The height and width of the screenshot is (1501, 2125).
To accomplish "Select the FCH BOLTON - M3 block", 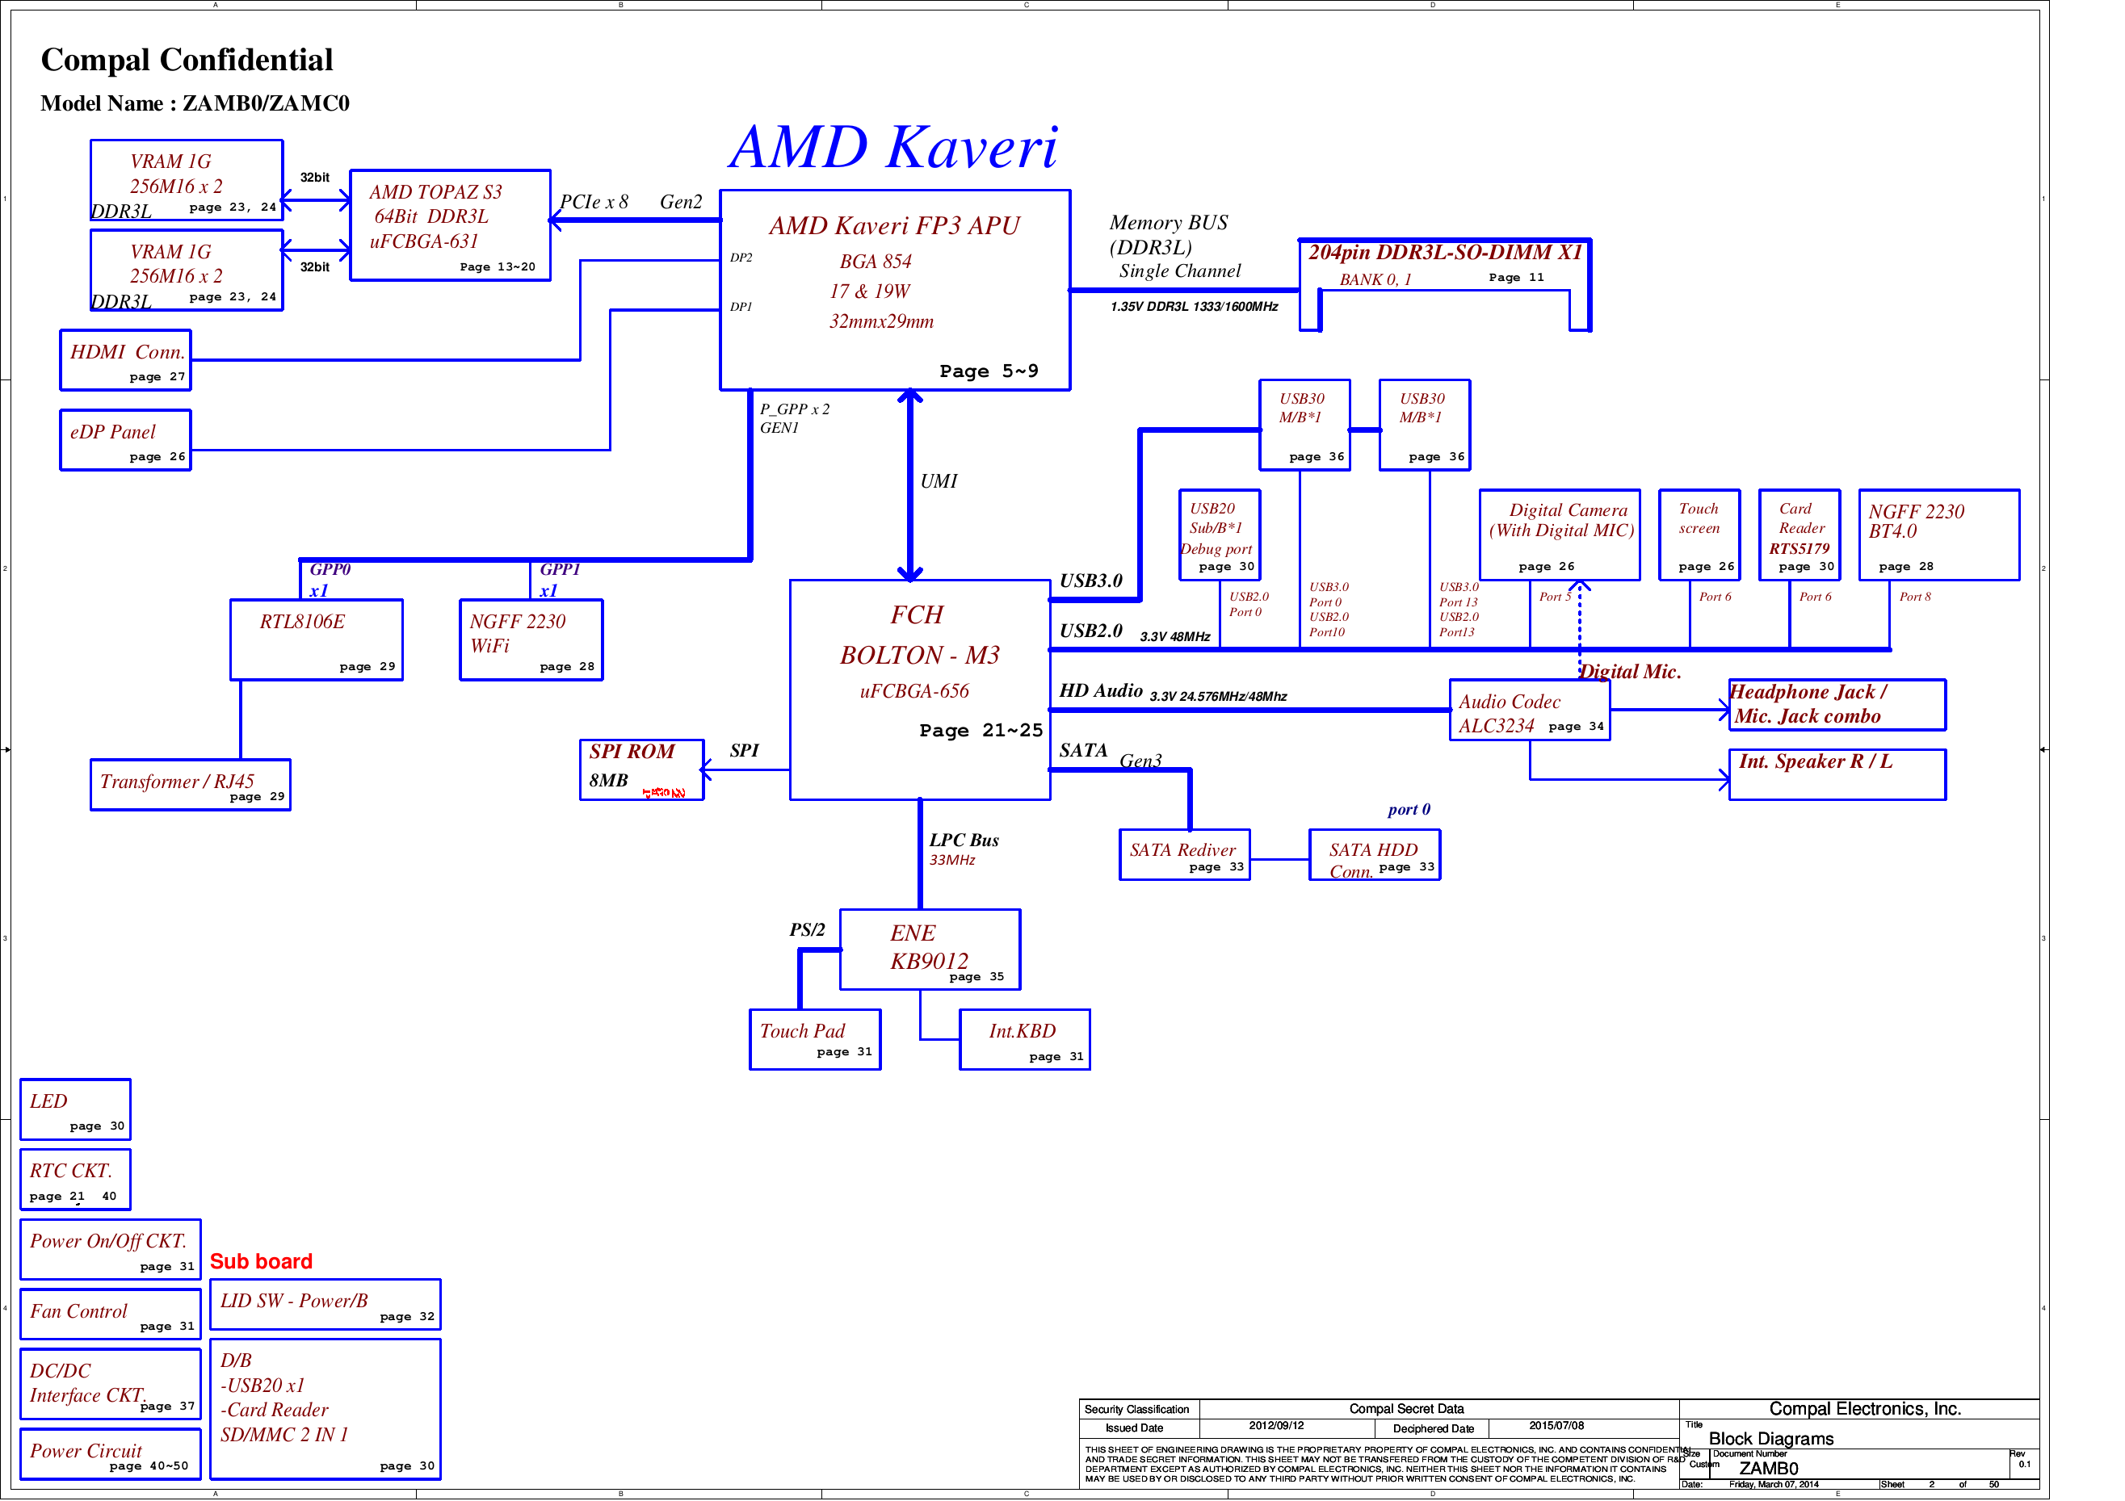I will pyautogui.click(x=919, y=690).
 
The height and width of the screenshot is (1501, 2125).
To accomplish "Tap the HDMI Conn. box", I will pyautogui.click(x=126, y=360).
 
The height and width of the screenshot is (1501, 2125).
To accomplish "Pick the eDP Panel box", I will pyautogui.click(x=126, y=441).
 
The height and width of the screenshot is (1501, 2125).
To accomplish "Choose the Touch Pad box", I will pyautogui.click(x=814, y=1039).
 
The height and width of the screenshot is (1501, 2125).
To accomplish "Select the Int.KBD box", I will pyautogui.click(x=1025, y=1039).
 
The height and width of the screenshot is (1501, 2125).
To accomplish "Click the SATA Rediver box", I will pyautogui.click(x=1184, y=854).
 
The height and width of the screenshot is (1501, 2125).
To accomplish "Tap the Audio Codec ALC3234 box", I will pyautogui.click(x=1529, y=711).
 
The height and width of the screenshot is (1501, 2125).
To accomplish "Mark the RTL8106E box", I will pyautogui.click(x=317, y=640).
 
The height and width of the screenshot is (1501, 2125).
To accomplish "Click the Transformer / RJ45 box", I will pyautogui.click(x=190, y=785).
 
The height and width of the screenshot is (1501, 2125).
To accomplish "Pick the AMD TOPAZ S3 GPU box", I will pyautogui.click(x=450, y=225).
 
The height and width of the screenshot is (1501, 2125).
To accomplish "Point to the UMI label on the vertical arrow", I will pyautogui.click(x=939, y=481).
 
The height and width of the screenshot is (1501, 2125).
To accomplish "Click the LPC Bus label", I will pyautogui.click(x=964, y=841).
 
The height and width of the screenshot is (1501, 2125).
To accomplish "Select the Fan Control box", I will pyautogui.click(x=110, y=1314).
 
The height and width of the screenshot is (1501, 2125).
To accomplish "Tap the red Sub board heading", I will pyautogui.click(x=261, y=1261).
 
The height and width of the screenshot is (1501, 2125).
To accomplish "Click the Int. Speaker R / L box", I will pyautogui.click(x=1836, y=774).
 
